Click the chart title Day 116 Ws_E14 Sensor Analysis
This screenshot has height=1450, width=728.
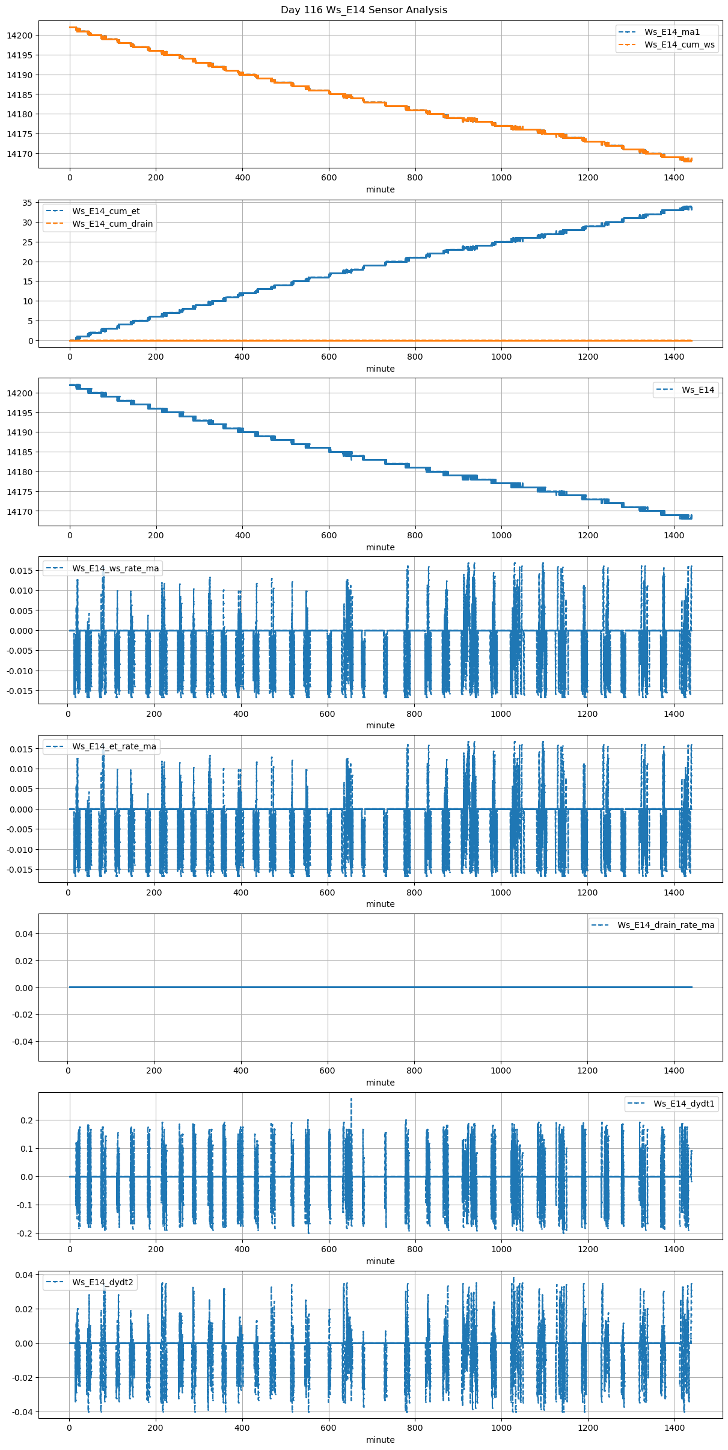coord(364,10)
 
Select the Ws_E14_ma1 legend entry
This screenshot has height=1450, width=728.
coord(672,32)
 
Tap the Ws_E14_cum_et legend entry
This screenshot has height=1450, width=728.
coord(106,211)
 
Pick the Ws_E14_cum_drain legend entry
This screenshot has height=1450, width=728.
coord(112,224)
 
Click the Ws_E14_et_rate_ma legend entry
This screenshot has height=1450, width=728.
coord(114,746)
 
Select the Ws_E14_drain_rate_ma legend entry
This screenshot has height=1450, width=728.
coord(665,925)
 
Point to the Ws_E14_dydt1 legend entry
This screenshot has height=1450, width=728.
coord(684,1104)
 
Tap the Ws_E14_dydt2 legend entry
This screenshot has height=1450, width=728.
coord(103,1282)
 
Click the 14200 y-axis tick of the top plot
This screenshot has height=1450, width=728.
coord(19,35)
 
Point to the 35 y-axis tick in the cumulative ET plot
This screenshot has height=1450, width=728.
coord(26,203)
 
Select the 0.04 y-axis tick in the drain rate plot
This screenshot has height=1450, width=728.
coord(24,934)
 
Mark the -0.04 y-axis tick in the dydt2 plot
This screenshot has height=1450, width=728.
coord(22,1412)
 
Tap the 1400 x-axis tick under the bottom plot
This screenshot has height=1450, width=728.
coord(674,1428)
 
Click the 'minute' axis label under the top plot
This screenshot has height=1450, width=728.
coord(380,189)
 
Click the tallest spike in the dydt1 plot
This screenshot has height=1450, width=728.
coord(351,1099)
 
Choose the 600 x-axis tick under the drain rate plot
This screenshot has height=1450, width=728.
coord(328,1071)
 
